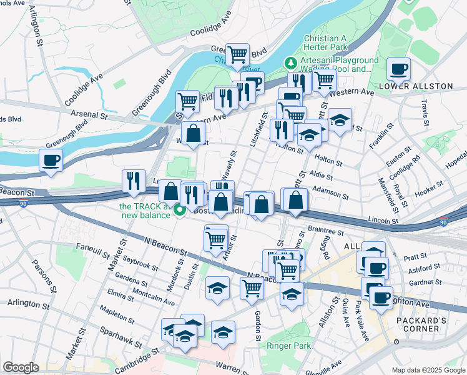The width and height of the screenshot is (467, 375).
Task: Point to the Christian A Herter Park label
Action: point(333,42)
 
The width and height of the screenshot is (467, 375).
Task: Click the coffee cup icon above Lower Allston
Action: point(398,69)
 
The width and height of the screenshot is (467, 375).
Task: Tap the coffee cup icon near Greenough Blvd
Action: point(51,159)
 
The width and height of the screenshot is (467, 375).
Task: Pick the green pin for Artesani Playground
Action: point(290,63)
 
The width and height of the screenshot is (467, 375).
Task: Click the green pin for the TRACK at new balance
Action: point(179,210)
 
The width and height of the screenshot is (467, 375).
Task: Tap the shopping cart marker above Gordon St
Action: point(252,288)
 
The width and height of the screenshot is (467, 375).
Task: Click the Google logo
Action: point(21,367)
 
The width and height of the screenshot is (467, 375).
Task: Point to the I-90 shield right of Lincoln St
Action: point(443,222)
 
